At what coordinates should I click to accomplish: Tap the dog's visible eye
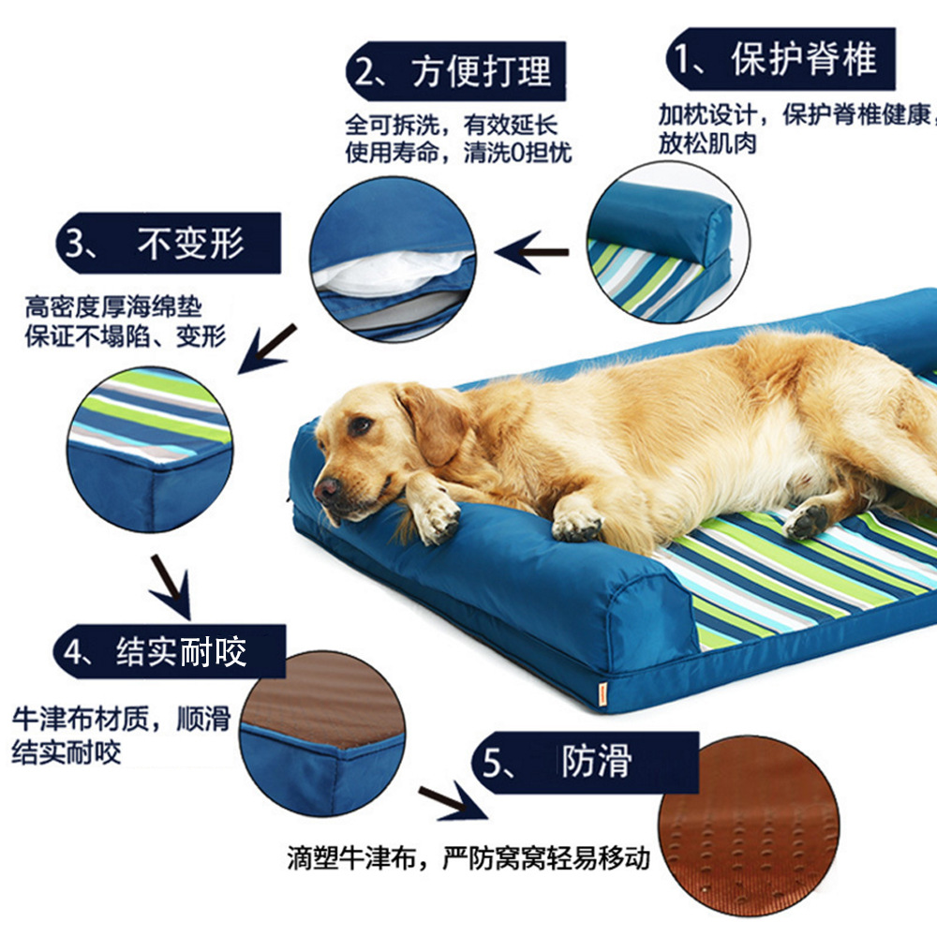[360, 425]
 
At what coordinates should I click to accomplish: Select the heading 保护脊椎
[804, 59]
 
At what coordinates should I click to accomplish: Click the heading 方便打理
[481, 72]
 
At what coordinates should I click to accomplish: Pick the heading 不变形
[190, 243]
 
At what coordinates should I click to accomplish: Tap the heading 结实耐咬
[181, 651]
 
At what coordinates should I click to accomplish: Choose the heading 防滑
[596, 761]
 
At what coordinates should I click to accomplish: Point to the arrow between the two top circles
[532, 252]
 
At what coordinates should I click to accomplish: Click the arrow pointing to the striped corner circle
[266, 350]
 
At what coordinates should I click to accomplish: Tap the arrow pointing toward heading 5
[453, 801]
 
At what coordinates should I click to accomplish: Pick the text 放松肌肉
[707, 143]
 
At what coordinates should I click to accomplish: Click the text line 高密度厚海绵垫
[113, 307]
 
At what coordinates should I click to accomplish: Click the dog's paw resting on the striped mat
[806, 520]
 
